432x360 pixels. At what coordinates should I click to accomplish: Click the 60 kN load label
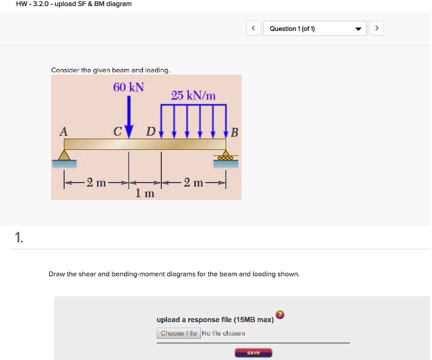point(128,87)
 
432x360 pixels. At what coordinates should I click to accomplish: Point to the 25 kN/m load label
point(193,95)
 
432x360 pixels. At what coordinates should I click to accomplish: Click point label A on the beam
point(64,131)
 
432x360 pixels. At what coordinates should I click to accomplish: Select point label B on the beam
point(234,132)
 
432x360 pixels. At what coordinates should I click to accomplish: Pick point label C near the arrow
point(117,131)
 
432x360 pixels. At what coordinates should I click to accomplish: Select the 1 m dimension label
point(145,193)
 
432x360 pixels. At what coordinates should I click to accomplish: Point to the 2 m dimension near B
point(193,183)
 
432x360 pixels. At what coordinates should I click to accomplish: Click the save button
point(253,353)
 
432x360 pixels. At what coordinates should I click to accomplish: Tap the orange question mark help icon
point(280,315)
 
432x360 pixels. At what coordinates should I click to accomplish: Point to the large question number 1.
point(18,237)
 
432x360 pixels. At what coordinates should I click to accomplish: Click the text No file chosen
point(223,333)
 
